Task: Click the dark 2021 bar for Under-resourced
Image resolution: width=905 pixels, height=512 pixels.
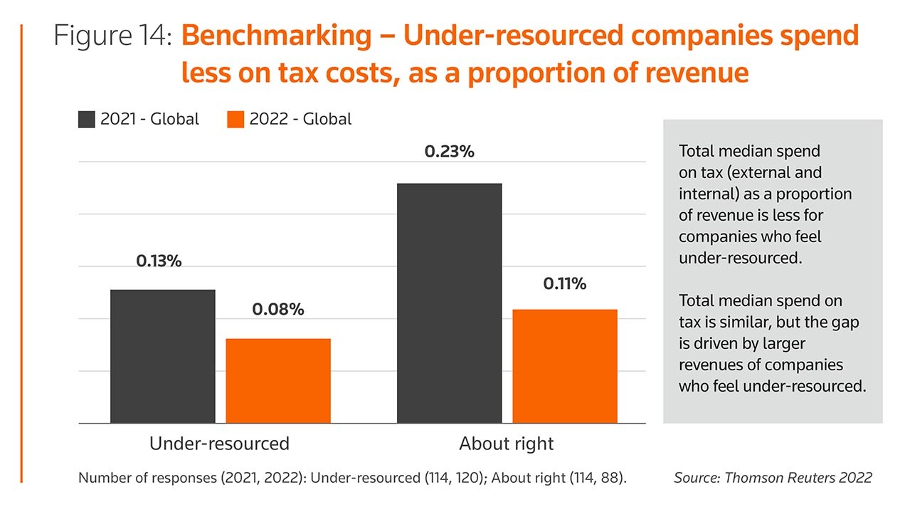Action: coord(163,356)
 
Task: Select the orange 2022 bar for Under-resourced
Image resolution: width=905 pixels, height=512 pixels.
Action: coord(278,380)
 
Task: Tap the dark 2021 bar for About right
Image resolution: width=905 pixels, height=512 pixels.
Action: coord(450,303)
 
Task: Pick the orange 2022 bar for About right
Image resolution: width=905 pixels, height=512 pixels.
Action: coord(565,366)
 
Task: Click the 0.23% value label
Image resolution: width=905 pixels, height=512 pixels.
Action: coord(450,152)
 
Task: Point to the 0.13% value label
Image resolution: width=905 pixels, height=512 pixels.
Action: coord(159,261)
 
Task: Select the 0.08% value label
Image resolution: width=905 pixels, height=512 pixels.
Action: coord(278,310)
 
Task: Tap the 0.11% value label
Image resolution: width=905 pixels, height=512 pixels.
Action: coord(565,283)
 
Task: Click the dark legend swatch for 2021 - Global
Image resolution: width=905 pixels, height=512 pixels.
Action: coord(86,119)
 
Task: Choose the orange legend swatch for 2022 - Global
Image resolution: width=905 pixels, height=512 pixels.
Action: coord(235,119)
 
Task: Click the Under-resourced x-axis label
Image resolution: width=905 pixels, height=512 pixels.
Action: coord(219,444)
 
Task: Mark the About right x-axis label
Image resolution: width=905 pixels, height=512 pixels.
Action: coord(507,444)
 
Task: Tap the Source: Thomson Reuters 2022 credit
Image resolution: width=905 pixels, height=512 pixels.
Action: coord(773,478)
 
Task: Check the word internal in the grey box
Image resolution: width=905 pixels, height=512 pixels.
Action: coord(706,194)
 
